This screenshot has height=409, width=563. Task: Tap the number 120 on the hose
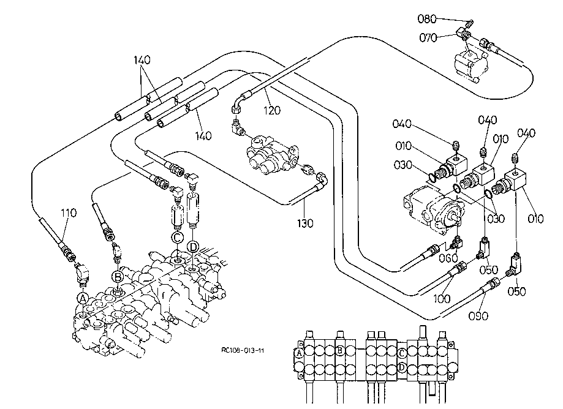pos(272,111)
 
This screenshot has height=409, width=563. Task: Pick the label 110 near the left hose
pos(69,214)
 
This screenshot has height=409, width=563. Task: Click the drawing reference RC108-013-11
pos(243,351)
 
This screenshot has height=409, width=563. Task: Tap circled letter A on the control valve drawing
pos(83,298)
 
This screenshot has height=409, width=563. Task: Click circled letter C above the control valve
pos(176,237)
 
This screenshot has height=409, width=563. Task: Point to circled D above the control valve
pos(193,247)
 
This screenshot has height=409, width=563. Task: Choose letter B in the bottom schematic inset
pos(339,350)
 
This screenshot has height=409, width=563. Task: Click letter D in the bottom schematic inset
pos(401,367)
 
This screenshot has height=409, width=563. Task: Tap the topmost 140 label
pos(142,60)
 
